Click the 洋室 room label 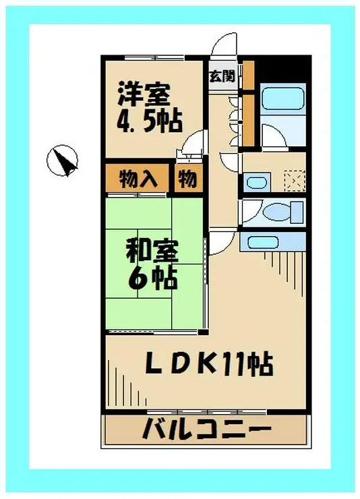pos(144,94)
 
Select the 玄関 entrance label pos(222,76)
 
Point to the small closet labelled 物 pos(188,179)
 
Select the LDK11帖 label pos(209,363)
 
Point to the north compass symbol pos(62,160)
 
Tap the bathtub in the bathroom pos(282,98)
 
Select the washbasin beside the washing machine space pos(257,182)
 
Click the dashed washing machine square pos(295,181)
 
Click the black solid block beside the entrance pos(283,69)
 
